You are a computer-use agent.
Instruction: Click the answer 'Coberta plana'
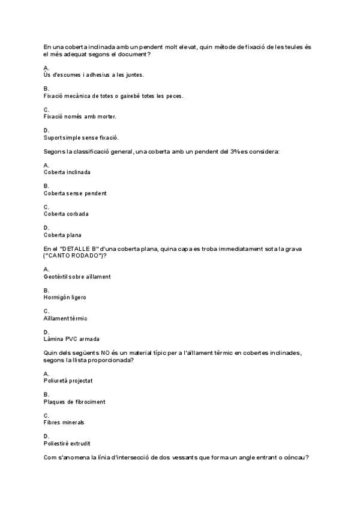62,235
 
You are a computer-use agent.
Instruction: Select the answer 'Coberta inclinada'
67,172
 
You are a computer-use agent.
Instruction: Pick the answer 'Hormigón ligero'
65,297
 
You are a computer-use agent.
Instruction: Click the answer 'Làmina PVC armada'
71,339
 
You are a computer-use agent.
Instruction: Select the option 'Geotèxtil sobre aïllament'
77,276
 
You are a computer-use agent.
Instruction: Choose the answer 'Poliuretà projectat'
68,381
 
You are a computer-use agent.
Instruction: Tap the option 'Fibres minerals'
64,422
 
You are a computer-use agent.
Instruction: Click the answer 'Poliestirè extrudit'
67,443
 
